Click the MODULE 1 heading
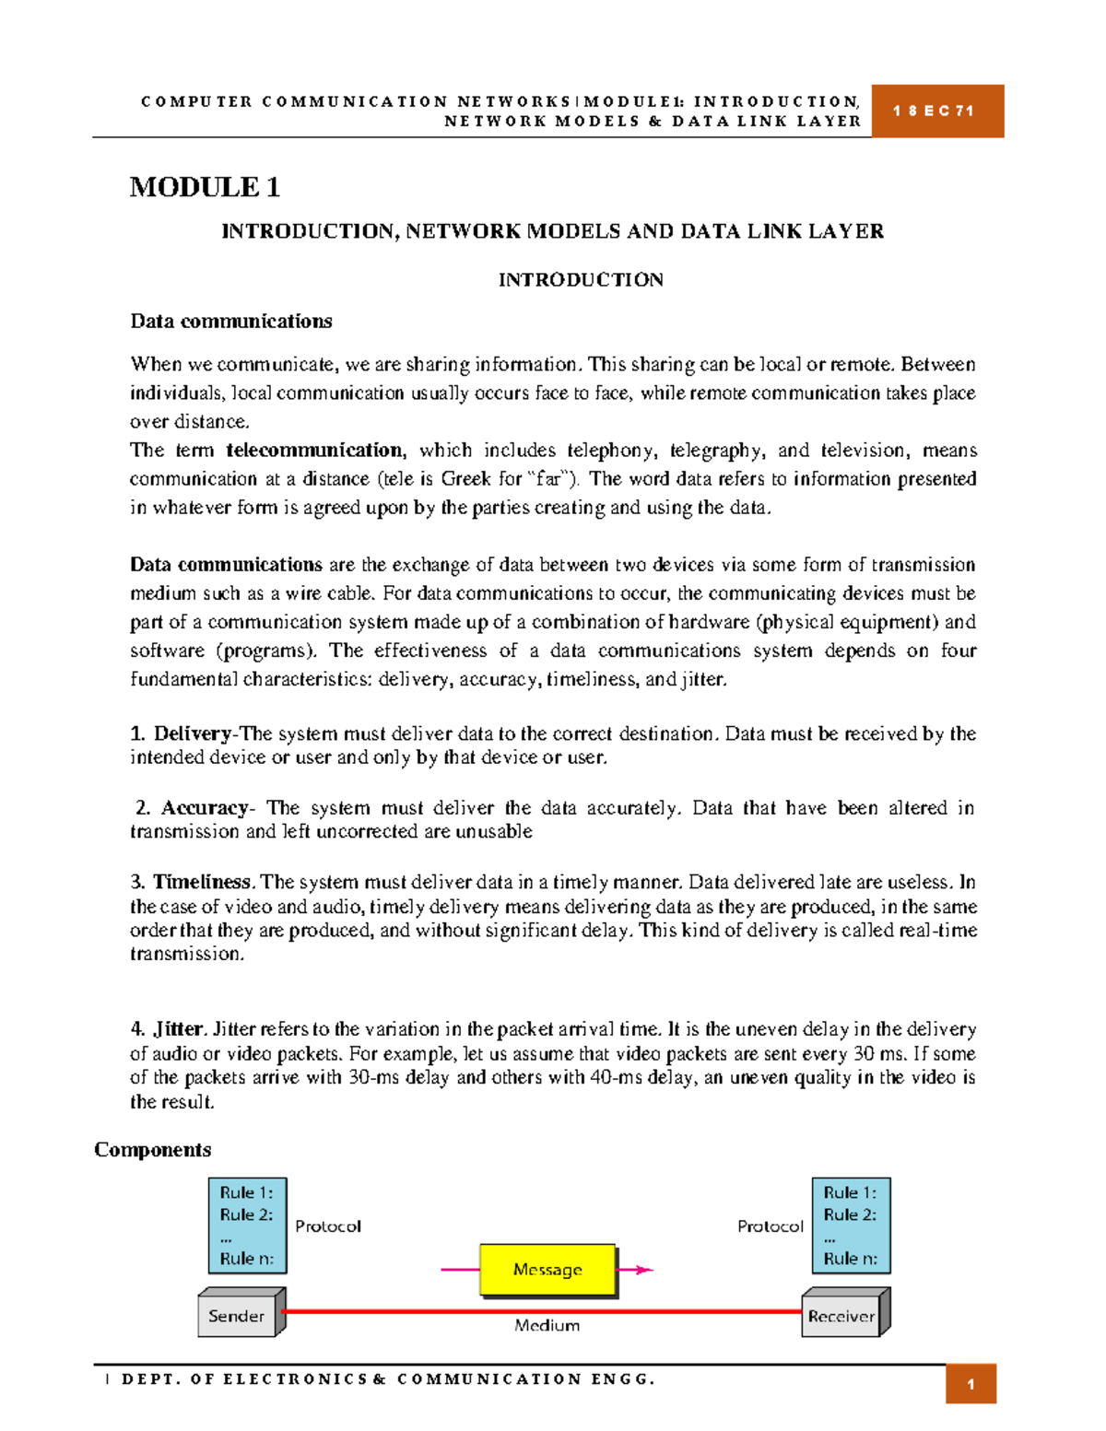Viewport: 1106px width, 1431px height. click(205, 187)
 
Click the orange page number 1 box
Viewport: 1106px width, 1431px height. click(971, 1384)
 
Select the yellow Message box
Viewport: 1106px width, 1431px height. click(547, 1270)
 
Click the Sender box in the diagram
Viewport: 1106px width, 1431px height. click(237, 1316)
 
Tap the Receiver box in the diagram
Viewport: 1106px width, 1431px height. click(841, 1316)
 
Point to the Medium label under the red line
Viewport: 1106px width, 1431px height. click(547, 1325)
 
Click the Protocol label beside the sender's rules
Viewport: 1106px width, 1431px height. click(328, 1226)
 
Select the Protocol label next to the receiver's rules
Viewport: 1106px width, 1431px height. click(771, 1226)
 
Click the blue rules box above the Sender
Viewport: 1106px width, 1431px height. click(247, 1226)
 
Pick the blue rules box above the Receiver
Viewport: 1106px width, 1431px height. click(851, 1226)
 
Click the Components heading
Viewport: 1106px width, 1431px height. click(153, 1150)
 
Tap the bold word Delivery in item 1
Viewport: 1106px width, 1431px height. click(193, 733)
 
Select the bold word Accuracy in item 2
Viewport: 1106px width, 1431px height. click(205, 808)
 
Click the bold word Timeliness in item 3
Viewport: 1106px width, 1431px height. click(202, 882)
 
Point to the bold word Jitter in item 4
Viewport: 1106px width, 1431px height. click(178, 1029)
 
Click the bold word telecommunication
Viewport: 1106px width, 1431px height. click(314, 451)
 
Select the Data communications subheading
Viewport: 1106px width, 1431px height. click(231, 322)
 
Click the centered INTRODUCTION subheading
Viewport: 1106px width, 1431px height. click(581, 280)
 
